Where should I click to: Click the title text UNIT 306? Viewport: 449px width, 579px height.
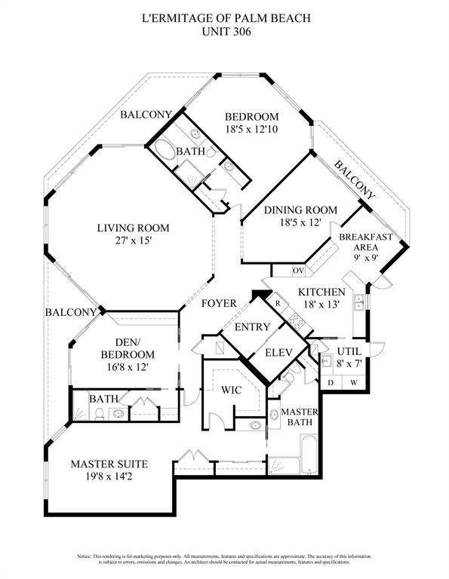tap(224, 32)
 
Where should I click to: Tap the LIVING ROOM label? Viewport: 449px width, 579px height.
tap(133, 228)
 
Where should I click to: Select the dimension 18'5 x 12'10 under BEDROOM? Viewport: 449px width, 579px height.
tap(251, 130)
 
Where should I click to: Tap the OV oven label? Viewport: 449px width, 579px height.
tap(298, 270)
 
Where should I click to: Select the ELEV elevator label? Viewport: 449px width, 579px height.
tap(278, 352)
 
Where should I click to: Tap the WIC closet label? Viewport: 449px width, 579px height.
tap(231, 391)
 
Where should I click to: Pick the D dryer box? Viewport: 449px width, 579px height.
tap(331, 383)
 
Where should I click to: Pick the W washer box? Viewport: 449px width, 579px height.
tap(353, 383)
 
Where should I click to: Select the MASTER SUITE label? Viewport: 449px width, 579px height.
tap(109, 464)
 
